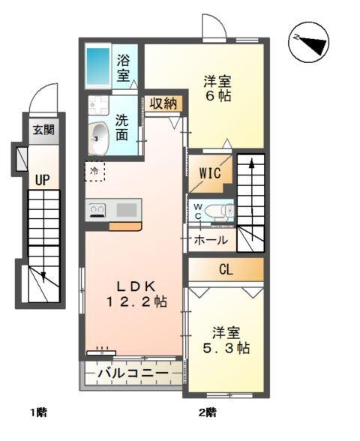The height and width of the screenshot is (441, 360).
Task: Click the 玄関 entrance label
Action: pos(42,130)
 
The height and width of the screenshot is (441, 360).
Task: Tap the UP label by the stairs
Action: pos(40,180)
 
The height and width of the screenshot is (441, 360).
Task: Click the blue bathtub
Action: pos(98,67)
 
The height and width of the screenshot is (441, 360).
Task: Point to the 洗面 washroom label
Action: pos(122,127)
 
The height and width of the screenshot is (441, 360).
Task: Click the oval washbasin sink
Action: pos(100,138)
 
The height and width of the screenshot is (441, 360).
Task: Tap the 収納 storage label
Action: pos(163,103)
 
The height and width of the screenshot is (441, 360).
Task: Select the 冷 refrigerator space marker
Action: pos(94,172)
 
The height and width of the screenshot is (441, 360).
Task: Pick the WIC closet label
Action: pos(209,173)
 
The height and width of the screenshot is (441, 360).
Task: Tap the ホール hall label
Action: pos(211,241)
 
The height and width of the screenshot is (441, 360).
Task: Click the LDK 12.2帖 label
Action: pos(135,293)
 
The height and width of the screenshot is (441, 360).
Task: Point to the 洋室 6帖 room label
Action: pos(217,88)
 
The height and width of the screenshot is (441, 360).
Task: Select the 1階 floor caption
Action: pos(38,412)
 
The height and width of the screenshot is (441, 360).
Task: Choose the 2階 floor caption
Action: pos(208,412)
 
